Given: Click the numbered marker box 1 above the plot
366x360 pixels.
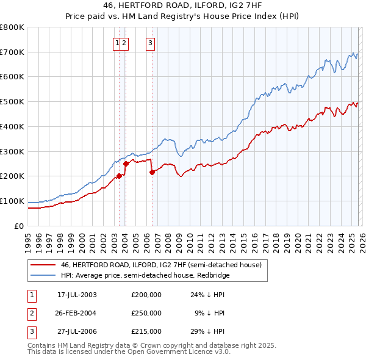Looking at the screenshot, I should coord(116,43).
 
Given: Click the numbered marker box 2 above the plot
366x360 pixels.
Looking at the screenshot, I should coord(124,43).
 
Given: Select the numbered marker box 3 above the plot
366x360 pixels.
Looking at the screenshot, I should coord(150,43).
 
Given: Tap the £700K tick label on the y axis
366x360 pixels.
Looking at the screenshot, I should coord(12,52).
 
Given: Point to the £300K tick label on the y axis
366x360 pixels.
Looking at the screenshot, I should coord(12,151).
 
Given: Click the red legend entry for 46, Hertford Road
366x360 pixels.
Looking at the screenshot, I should coord(161,265).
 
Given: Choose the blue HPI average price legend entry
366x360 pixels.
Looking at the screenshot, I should coord(152,275).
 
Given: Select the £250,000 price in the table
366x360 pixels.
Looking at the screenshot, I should coord(146,313).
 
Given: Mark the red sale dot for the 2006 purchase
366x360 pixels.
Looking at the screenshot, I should coord(152,172).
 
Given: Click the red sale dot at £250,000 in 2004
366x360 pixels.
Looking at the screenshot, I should coord(126,164).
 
